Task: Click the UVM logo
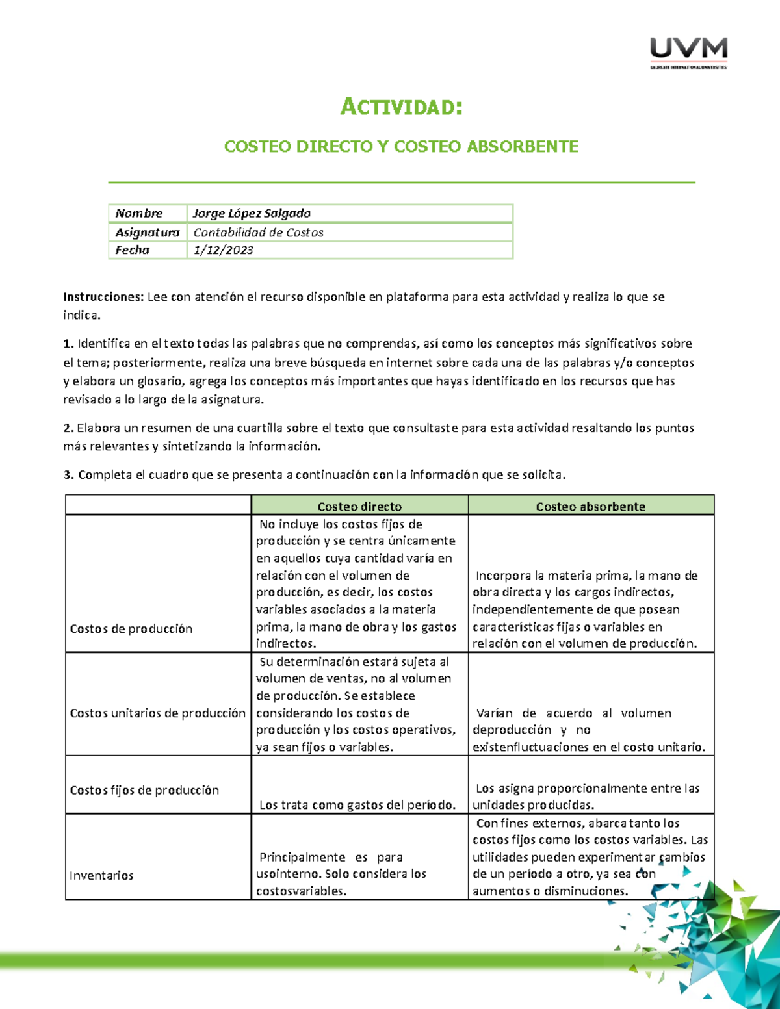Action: point(688,51)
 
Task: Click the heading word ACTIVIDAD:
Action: point(401,107)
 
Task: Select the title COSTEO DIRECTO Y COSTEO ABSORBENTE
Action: point(401,146)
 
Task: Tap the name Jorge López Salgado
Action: point(252,213)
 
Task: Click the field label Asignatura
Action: point(147,232)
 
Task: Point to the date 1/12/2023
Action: point(223,250)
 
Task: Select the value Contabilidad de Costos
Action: point(258,232)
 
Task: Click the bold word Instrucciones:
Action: point(103,297)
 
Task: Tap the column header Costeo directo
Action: point(359,506)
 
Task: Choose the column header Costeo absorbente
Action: point(590,506)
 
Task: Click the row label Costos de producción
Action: point(131,628)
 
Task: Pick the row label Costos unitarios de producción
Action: point(157,713)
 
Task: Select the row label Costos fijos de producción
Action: point(144,790)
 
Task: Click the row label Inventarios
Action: point(101,875)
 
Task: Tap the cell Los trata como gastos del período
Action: point(357,805)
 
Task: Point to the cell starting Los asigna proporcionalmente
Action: point(587,797)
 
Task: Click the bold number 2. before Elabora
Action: point(68,428)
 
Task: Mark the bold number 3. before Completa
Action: point(68,475)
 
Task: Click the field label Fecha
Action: point(133,250)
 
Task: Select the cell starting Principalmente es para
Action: point(341,874)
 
